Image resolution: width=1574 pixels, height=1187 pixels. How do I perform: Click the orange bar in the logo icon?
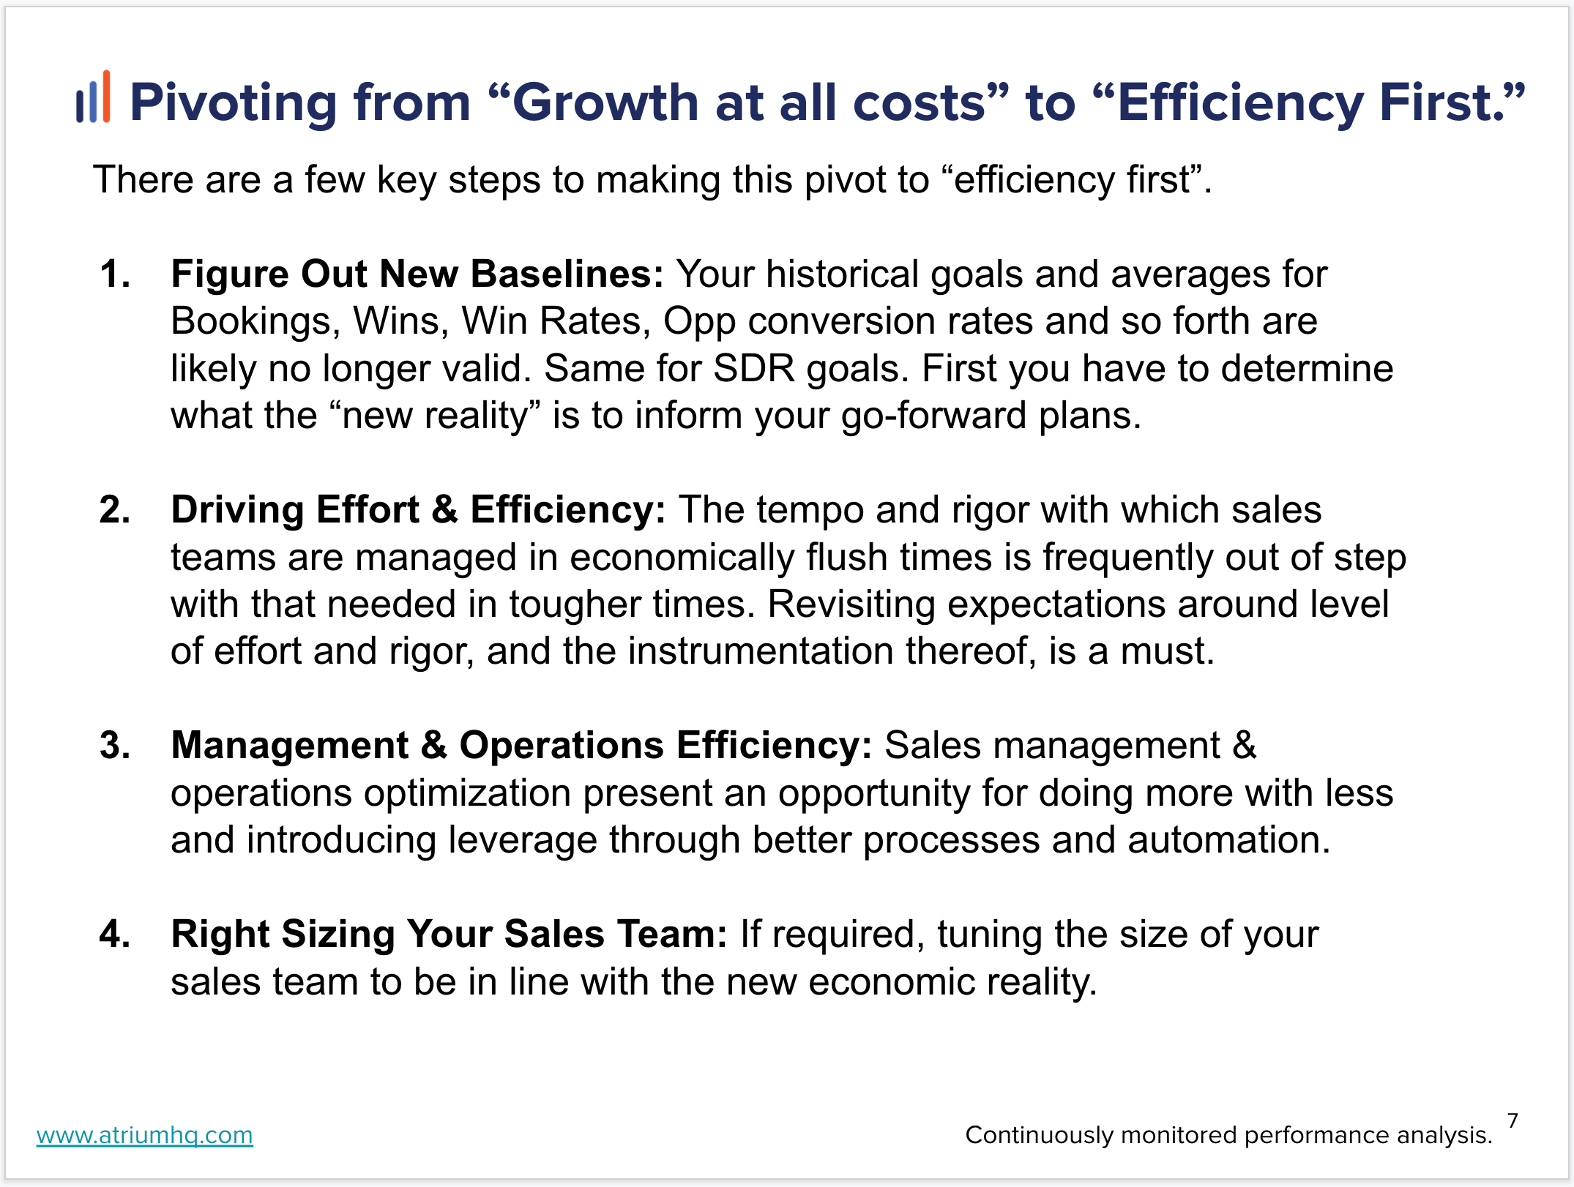tap(107, 96)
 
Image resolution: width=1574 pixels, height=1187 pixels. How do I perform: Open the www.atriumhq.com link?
tap(145, 1135)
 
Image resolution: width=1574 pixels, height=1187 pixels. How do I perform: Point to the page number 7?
tap(1513, 1120)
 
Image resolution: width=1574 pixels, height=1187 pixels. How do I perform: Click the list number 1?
tap(114, 274)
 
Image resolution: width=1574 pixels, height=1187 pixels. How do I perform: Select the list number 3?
tap(115, 746)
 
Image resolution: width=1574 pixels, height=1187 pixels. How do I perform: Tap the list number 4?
tap(115, 935)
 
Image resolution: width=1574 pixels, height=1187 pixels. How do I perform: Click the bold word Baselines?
tap(567, 274)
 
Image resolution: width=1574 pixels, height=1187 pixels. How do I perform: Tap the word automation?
tap(1228, 840)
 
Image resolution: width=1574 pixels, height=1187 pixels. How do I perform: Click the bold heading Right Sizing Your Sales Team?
tap(449, 935)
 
